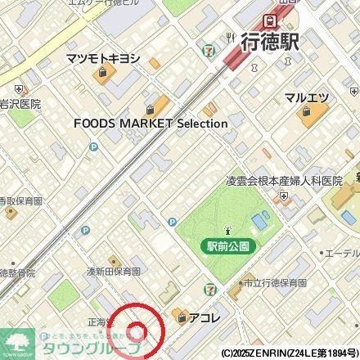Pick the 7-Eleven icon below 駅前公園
pyautogui.click(x=212, y=289)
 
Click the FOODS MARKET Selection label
pyautogui.click(x=151, y=123)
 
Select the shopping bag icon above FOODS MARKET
pyautogui.click(x=151, y=108)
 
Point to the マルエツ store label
pyautogui.click(x=308, y=97)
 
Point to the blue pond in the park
pyautogui.click(x=260, y=219)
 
